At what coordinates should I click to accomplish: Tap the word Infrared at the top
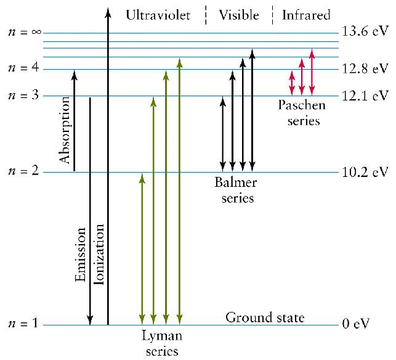coord(306,15)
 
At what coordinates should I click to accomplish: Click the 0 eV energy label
coord(356,324)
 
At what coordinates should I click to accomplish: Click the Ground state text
coord(265,318)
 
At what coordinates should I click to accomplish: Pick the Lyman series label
coord(161,344)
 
